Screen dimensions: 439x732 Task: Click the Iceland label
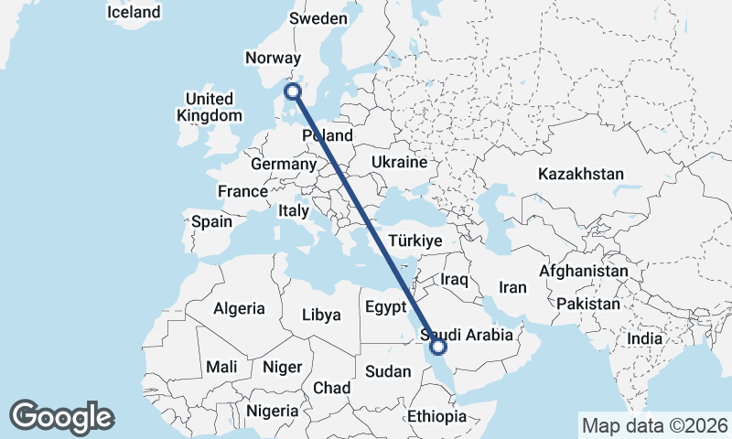tap(134, 12)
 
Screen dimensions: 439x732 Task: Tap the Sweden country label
tap(318, 18)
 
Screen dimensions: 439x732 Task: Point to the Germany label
tap(283, 164)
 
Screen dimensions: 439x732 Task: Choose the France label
tap(242, 191)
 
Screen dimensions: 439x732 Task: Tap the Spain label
tap(212, 220)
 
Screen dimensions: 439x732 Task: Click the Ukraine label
tap(399, 162)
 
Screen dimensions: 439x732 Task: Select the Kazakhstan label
tap(581, 174)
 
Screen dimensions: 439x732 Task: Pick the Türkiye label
tap(415, 241)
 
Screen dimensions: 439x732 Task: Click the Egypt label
tap(385, 305)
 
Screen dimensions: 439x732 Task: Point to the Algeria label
tap(239, 308)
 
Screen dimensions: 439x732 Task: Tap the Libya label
tap(322, 315)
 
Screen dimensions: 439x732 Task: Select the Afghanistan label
tap(584, 271)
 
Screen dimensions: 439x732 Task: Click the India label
tap(644, 338)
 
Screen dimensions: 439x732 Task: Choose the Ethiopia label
tap(437, 416)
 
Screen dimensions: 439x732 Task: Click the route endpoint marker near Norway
tap(293, 91)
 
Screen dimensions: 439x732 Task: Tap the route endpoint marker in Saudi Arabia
tap(438, 347)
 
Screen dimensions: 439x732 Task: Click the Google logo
tap(62, 417)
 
